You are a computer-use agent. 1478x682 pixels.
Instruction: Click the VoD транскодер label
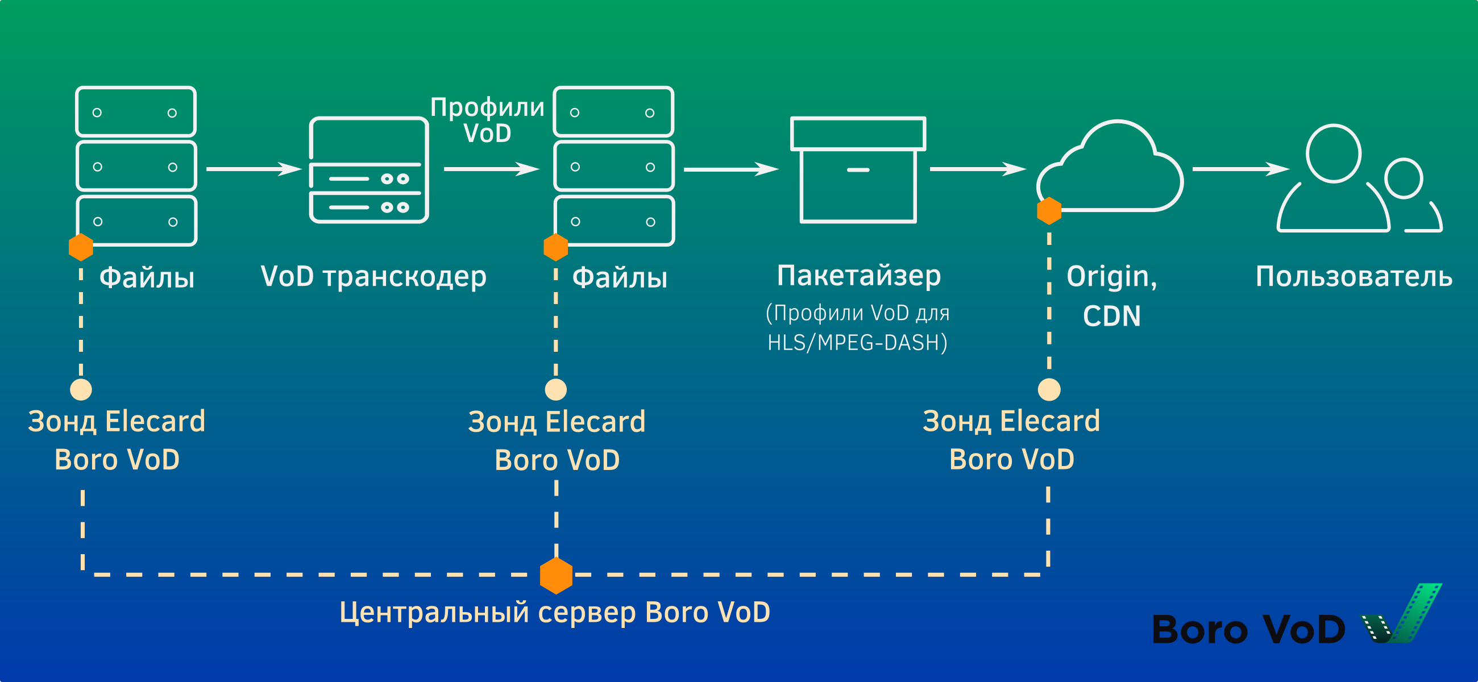click(x=373, y=276)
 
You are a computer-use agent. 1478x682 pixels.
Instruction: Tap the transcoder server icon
click(x=368, y=170)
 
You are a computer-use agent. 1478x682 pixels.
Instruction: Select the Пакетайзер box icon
click(x=858, y=170)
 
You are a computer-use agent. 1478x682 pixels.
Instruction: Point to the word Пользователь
click(x=1354, y=276)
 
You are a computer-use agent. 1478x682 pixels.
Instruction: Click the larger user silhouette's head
click(x=1334, y=153)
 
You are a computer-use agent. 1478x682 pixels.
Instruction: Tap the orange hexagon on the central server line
click(x=556, y=575)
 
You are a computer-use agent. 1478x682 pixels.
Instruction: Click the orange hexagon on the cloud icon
click(x=1049, y=211)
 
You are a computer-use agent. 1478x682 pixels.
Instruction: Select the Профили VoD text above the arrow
click(x=487, y=120)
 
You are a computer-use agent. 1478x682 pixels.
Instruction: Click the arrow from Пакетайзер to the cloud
click(x=977, y=169)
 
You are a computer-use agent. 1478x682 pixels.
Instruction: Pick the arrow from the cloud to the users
click(x=1240, y=169)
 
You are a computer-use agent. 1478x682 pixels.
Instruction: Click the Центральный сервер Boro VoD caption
click(x=554, y=612)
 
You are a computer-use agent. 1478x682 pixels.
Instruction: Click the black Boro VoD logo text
click(x=1248, y=630)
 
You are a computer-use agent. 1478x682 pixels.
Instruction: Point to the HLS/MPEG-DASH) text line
click(x=857, y=343)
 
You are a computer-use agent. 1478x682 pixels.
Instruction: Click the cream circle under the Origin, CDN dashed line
click(x=1049, y=389)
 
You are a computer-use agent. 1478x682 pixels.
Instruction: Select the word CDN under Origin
click(x=1111, y=316)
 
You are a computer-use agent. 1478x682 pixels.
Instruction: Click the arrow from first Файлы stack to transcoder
click(x=253, y=169)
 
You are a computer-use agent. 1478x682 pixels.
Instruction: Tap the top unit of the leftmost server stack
click(x=135, y=112)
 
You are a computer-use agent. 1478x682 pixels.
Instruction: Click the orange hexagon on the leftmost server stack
click(x=81, y=247)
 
